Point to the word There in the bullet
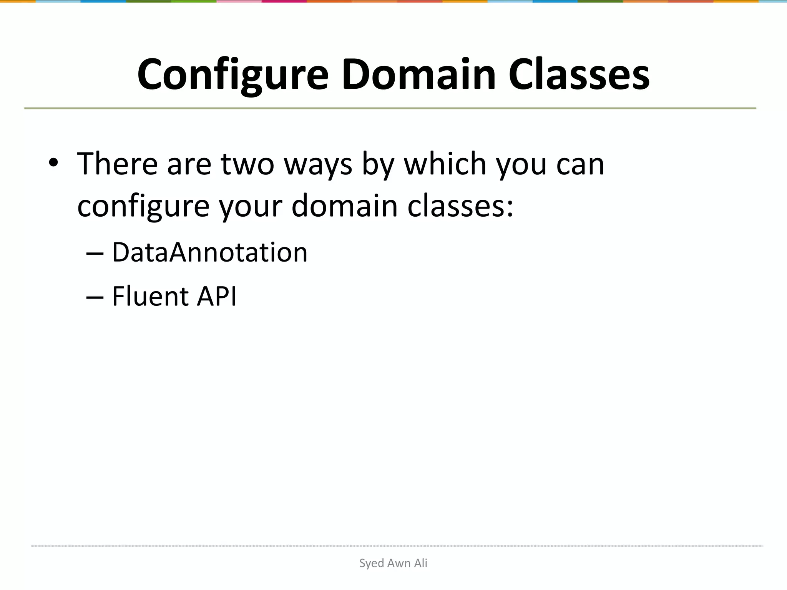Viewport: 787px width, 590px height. [x=118, y=164]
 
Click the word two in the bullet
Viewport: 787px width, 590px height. [x=247, y=164]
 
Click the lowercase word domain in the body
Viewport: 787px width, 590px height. [x=344, y=206]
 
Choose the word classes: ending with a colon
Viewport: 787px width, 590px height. [x=460, y=206]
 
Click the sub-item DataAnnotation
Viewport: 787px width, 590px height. [x=210, y=253]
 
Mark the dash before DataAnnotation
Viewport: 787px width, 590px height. [x=95, y=254]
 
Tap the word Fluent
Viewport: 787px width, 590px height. [x=150, y=297]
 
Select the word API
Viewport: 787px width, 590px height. [x=217, y=297]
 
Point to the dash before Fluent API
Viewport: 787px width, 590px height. [x=95, y=297]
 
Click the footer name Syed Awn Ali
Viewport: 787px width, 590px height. [x=393, y=563]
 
